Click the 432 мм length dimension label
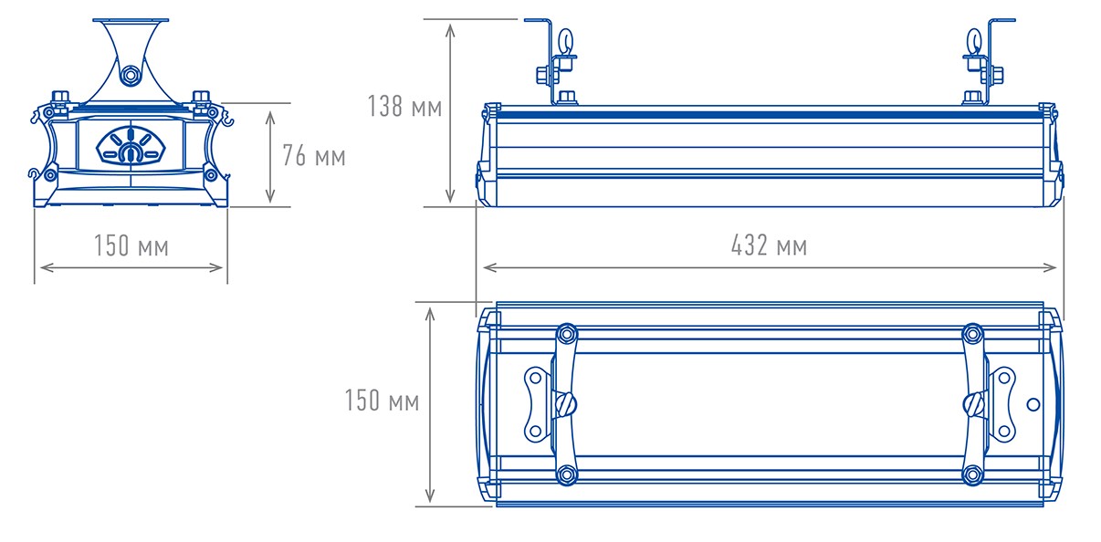pyautogui.click(x=769, y=245)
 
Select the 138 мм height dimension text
pyautogui.click(x=404, y=106)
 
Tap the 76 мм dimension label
pyautogui.click(x=313, y=155)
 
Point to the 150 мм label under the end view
pyautogui.click(x=131, y=245)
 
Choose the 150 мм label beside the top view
pyautogui.click(x=382, y=400)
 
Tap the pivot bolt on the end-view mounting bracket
pyautogui.click(x=131, y=75)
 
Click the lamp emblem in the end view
pyautogui.click(x=131, y=146)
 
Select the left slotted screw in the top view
pyautogui.click(x=567, y=404)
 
